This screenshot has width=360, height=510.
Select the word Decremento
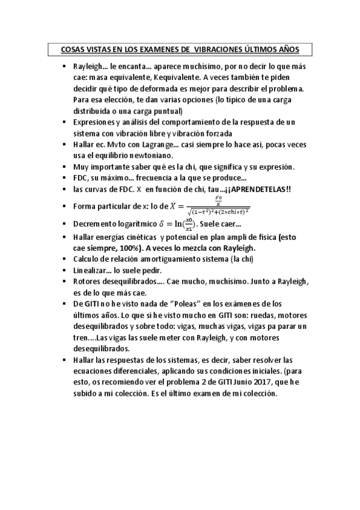point(96,224)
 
